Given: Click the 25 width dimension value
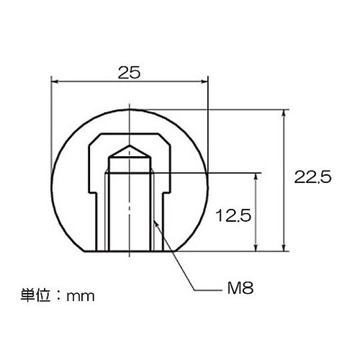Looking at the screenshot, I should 129,72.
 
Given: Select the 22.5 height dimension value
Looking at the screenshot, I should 312,177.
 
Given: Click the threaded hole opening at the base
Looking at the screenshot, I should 129,249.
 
